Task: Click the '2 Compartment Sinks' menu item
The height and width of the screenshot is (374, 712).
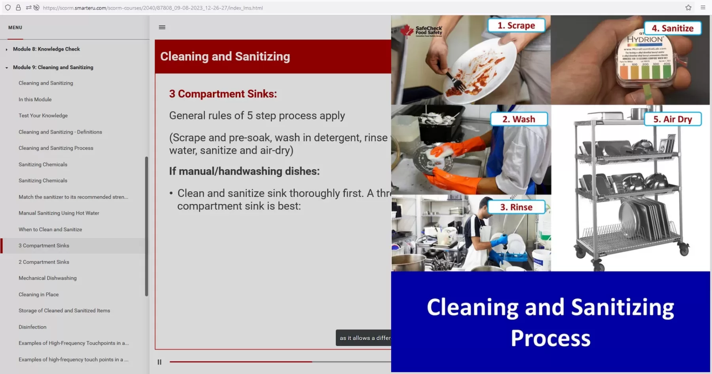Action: coord(44,262)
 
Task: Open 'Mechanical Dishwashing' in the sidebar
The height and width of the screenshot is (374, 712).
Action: coord(47,278)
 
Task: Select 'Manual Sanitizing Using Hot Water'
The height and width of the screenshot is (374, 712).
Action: coord(59,213)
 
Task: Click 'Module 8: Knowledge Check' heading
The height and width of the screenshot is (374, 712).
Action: coord(46,49)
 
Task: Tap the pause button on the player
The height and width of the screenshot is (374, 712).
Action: coord(159,362)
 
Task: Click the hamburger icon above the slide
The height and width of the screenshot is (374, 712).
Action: coord(162,27)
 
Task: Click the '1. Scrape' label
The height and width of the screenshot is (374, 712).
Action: coord(516,26)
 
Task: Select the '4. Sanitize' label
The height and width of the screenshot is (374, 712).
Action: coord(672,28)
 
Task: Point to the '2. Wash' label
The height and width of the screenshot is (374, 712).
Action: coord(519,119)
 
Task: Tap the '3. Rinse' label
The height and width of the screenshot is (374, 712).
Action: coord(516,207)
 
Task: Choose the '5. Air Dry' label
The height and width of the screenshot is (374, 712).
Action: coord(672,119)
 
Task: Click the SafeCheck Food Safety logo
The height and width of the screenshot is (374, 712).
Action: coord(422,31)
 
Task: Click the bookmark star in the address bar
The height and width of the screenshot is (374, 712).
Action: coord(688,8)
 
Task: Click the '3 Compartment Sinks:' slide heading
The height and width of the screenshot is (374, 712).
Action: coord(223,94)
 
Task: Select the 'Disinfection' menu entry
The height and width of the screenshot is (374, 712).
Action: coord(32,327)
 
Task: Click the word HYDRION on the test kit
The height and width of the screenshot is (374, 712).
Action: coord(645,40)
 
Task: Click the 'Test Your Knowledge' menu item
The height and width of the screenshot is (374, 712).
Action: coord(43,116)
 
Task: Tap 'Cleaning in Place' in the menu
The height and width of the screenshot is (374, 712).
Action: coord(39,295)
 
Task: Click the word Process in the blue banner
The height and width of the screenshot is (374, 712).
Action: coord(550,338)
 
